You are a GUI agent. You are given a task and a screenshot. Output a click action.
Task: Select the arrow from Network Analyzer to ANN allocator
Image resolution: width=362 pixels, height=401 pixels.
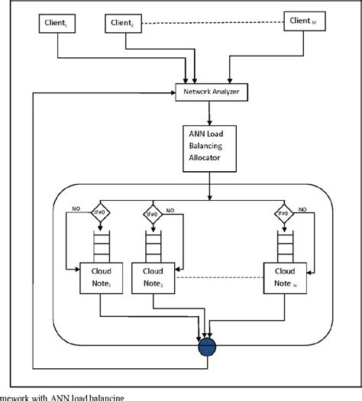(207, 114)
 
